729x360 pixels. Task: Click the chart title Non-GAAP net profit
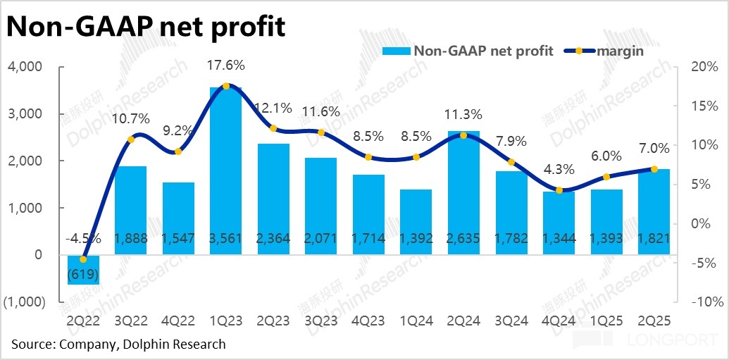[x=147, y=27]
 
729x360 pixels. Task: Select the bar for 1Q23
[x=226, y=169]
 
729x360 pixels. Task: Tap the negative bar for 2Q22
[x=83, y=269]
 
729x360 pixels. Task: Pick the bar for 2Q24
[x=464, y=190]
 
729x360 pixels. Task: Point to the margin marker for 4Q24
[x=559, y=190]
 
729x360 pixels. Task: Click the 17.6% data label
[x=226, y=66]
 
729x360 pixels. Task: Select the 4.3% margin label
[x=559, y=170]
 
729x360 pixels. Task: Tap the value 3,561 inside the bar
[x=226, y=238]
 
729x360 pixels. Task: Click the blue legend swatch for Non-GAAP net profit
[x=396, y=51]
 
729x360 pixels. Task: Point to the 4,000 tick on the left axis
[x=25, y=66]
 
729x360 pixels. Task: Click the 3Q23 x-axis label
[x=321, y=321]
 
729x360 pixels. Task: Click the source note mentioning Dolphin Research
[x=118, y=345]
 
